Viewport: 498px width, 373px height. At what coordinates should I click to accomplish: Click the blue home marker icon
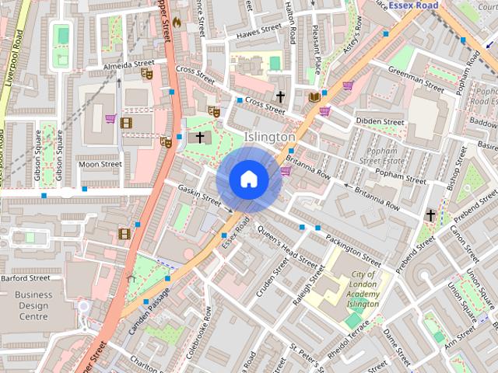pyautogui.click(x=248, y=180)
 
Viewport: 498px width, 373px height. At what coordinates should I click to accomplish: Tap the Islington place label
pyautogui.click(x=270, y=137)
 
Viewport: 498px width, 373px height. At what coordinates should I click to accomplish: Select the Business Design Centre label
pyautogui.click(x=33, y=305)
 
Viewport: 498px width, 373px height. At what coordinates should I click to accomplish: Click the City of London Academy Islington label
pyautogui.click(x=363, y=289)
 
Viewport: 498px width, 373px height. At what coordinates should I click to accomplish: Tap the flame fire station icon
pyautogui.click(x=176, y=22)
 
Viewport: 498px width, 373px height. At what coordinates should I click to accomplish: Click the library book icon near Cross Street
pyautogui.click(x=314, y=97)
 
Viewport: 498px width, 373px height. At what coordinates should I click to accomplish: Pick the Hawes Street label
pyautogui.click(x=258, y=32)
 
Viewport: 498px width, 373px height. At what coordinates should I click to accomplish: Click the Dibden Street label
pyautogui.click(x=380, y=122)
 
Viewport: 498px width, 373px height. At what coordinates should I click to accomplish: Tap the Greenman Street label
pyautogui.click(x=416, y=78)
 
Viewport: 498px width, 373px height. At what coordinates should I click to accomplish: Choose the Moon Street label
pyautogui.click(x=100, y=164)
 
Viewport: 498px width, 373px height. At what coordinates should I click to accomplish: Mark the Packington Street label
pyautogui.click(x=352, y=247)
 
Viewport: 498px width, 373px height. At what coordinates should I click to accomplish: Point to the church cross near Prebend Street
pyautogui.click(x=430, y=214)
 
